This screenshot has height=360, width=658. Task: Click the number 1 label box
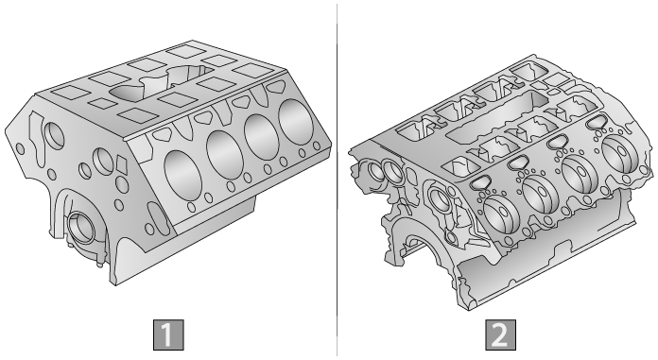tap(170, 334)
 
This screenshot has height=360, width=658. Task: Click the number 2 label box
tap(499, 334)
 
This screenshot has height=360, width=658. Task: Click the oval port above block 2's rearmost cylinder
tap(596, 122)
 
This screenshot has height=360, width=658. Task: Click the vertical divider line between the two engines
tap(338, 180)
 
